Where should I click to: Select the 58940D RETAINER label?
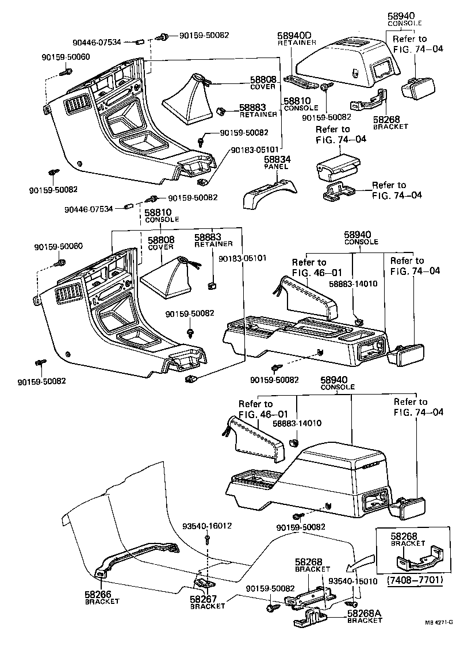click(297, 39)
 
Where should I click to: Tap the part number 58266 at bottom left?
click(98, 595)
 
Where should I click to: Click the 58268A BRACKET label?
click(364, 617)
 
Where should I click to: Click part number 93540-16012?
click(207, 526)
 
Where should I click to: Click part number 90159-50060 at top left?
click(66, 57)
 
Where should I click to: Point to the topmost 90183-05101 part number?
click(257, 150)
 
